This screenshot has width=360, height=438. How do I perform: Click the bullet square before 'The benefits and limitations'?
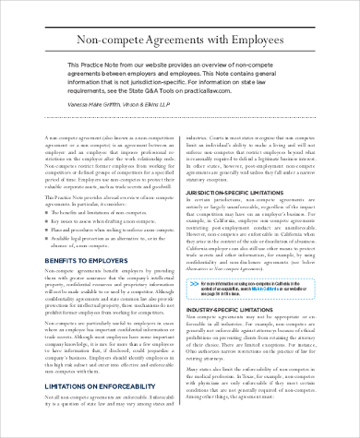[x=48, y=238]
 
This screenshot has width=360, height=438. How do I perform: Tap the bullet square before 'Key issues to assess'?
[x=48, y=247]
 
